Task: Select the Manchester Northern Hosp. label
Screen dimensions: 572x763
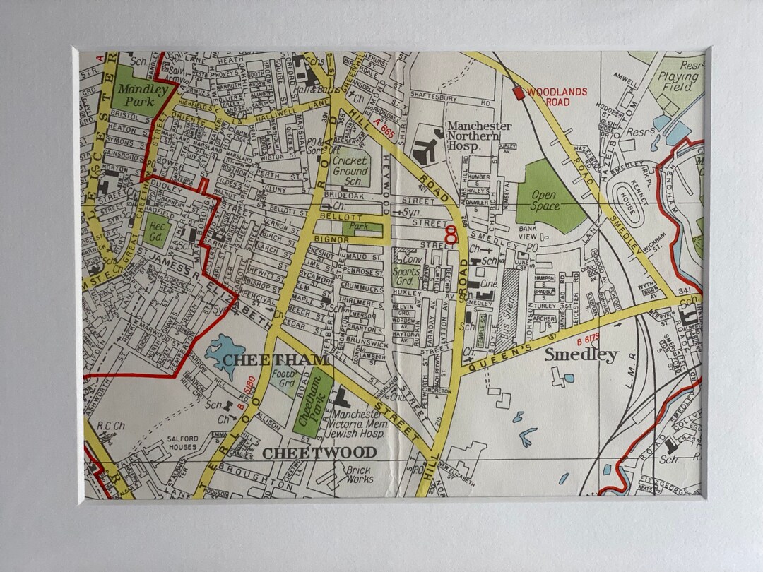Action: (480, 136)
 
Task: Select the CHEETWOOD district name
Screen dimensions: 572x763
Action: (319, 453)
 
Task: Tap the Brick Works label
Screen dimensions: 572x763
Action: (360, 475)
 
